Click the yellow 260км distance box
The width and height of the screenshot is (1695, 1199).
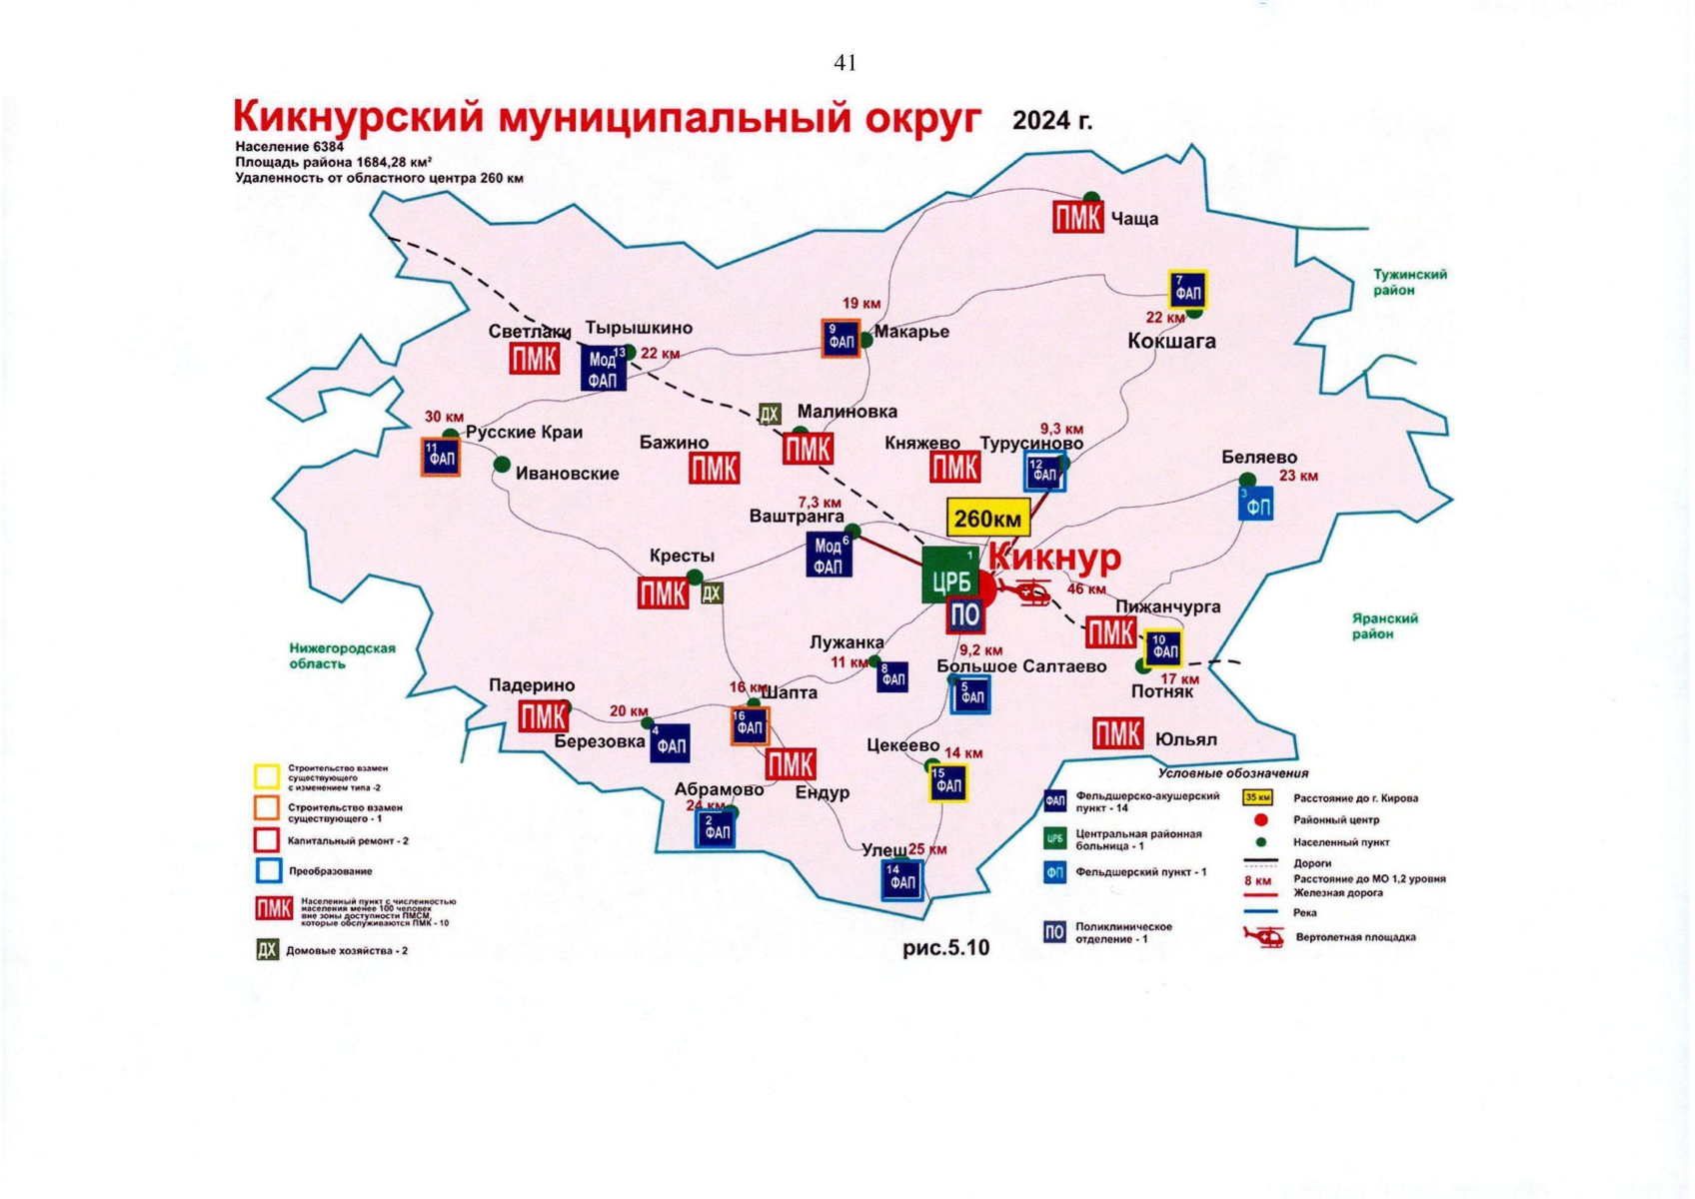[986, 519]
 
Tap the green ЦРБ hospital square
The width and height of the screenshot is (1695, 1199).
[950, 577]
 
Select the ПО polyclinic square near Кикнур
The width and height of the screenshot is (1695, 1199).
[964, 614]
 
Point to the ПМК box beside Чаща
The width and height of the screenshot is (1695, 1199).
[1077, 217]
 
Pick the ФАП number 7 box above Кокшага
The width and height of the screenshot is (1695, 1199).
[1187, 290]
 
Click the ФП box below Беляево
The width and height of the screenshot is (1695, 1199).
[1256, 505]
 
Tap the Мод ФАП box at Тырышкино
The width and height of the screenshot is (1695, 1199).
[604, 369]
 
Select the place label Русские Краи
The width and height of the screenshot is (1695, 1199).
[524, 433]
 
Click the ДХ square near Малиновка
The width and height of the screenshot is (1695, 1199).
[769, 414]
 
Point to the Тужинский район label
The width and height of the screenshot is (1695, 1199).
[1408, 282]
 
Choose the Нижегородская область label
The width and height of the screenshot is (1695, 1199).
[342, 655]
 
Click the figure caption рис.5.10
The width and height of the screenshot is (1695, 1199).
[945, 947]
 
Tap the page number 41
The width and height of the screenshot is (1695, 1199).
[845, 63]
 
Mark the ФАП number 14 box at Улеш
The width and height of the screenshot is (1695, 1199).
[902, 880]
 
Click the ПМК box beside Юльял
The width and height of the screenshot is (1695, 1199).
[1117, 734]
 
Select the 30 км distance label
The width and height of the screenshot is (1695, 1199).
[444, 417]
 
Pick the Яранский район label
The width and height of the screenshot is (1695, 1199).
[1384, 626]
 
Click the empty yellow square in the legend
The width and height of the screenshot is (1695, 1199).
[266, 776]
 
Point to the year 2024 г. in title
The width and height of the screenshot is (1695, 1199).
[1051, 121]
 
